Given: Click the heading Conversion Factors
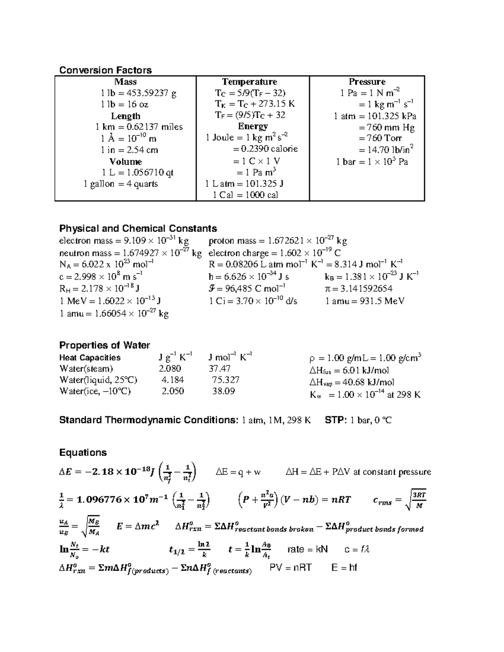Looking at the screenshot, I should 105,70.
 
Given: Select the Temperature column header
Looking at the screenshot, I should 249,82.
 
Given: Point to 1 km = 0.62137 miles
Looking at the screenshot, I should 139,127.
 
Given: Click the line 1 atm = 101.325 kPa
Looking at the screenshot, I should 375,116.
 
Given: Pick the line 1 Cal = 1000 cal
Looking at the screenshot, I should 245,195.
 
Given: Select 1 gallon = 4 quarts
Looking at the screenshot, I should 121,184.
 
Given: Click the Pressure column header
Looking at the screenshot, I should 367,82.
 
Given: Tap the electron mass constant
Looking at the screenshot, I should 124,241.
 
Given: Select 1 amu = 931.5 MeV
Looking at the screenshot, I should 365,301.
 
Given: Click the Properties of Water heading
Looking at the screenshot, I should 104,345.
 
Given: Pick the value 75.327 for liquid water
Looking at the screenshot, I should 226,380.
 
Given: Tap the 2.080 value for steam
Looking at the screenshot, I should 170,369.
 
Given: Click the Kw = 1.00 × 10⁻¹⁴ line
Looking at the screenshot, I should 365,395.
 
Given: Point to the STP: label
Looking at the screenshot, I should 336,420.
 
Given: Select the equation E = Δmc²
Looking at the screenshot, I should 138,526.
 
